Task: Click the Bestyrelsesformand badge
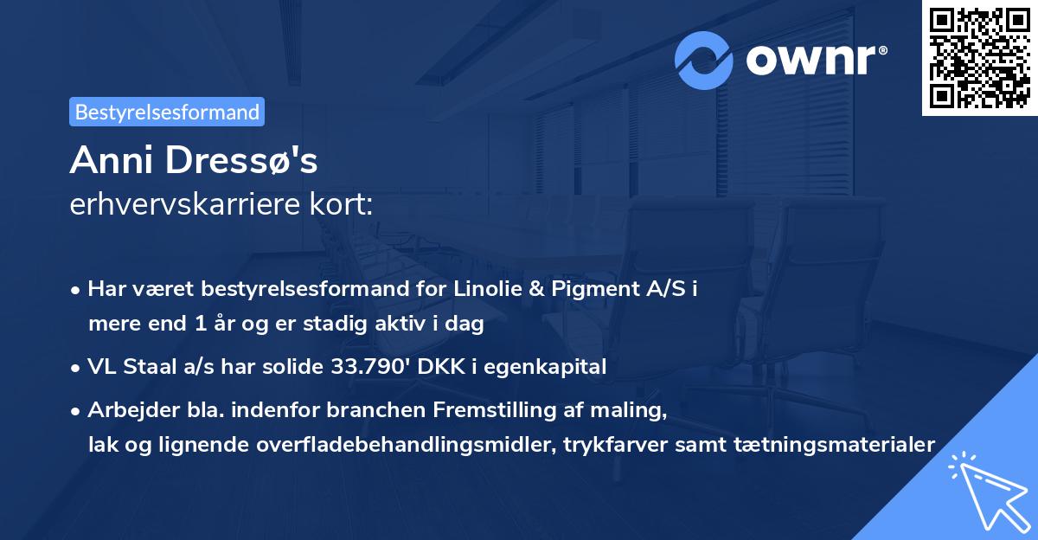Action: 167,112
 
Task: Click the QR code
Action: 978,57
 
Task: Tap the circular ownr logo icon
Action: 704,60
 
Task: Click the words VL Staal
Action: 128,367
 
